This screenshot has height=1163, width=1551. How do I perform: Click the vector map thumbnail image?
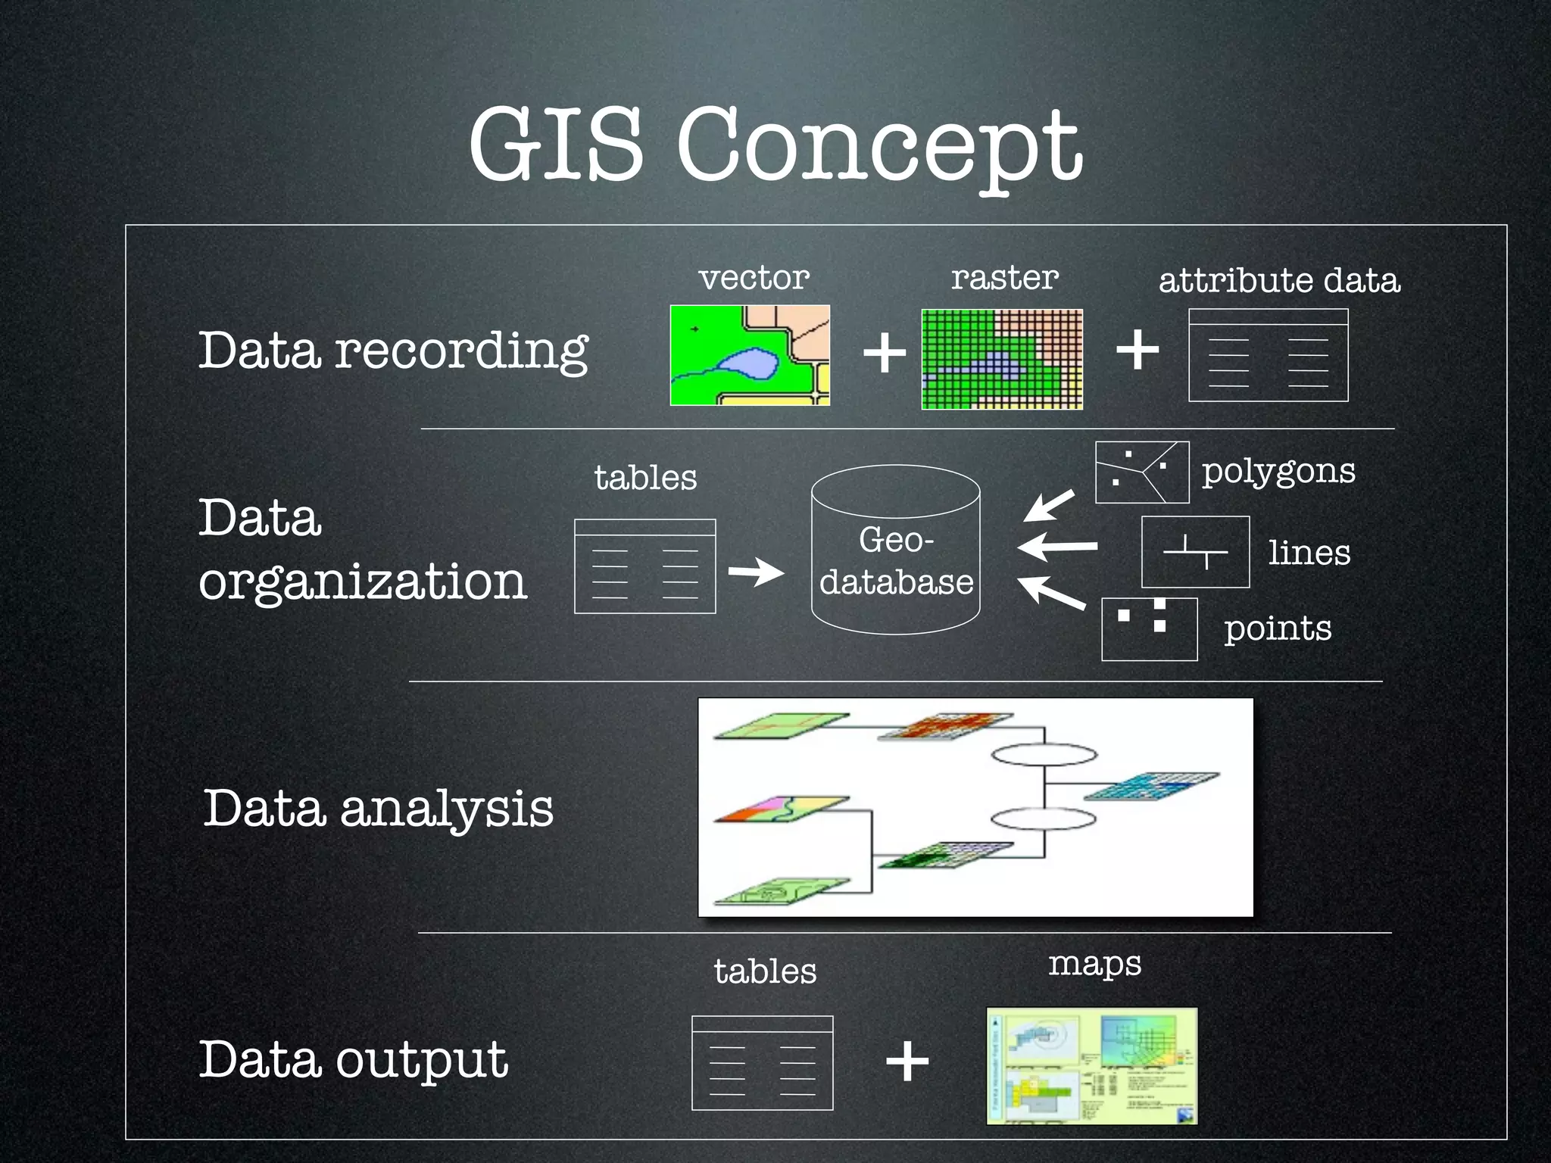tap(750, 355)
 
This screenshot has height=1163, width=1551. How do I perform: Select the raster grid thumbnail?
tap(1002, 359)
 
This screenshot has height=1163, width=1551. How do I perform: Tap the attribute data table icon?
tap(1269, 355)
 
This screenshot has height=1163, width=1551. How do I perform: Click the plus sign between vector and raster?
tap(885, 353)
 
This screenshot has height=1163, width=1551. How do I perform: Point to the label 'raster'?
tap(1005, 278)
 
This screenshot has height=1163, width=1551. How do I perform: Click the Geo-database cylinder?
tap(896, 550)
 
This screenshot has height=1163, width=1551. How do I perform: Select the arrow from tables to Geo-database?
tap(756, 572)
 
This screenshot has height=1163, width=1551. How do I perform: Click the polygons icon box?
tap(1142, 472)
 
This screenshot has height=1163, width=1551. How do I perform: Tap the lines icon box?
tap(1195, 552)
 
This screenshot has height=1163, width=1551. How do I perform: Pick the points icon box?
tap(1149, 629)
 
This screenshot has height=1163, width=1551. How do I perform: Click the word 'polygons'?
tap(1278, 472)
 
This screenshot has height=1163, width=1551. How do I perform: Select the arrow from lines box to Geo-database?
tap(1057, 545)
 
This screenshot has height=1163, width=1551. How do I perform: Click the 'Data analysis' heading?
tap(379, 808)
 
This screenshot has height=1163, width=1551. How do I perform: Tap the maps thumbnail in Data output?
tap(1092, 1065)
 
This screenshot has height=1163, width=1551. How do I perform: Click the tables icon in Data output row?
tap(762, 1063)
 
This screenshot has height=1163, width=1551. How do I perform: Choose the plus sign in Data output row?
tap(907, 1062)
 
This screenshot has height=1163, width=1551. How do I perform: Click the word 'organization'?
tap(362, 581)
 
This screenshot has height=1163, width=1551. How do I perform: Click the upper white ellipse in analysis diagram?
tap(1044, 754)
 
